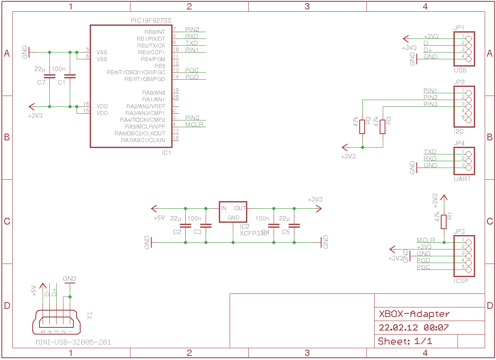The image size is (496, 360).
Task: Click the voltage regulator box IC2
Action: [233, 212]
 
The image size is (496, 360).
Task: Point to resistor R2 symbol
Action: [362, 126]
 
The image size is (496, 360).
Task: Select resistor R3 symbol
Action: [383, 126]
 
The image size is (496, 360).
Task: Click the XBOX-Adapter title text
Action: [414, 314]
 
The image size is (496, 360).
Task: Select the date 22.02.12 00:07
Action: [414, 327]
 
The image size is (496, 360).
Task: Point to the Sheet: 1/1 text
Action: [405, 341]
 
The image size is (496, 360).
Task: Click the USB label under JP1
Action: [460, 71]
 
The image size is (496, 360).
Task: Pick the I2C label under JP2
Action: [459, 131]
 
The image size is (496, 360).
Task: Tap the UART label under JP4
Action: [462, 179]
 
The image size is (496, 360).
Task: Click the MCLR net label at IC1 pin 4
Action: [194, 125]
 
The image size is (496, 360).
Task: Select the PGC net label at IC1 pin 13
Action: [192, 70]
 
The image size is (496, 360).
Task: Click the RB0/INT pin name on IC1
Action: [154, 32]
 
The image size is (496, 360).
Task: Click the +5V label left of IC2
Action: [159, 218]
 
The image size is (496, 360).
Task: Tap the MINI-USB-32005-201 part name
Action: [73, 342]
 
